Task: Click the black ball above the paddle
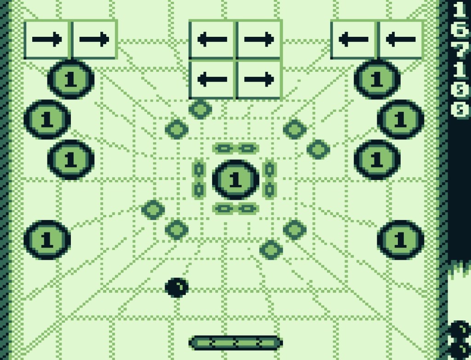pos(177,288)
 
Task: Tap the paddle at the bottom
pos(235,343)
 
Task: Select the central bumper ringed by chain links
pos(235,180)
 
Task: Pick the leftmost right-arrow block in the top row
pos(47,40)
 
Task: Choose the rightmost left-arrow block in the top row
pos(401,40)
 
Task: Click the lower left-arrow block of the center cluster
pos(212,79)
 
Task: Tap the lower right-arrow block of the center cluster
pos(259,79)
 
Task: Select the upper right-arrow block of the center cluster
pos(259,40)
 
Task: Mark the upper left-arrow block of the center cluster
pos(212,40)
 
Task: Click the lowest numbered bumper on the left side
pos(47,240)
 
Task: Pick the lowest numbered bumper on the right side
pos(401,240)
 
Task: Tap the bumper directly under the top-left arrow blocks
pos(71,79)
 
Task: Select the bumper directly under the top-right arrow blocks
pos(377,79)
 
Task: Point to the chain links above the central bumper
pos(235,148)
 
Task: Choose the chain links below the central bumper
pos(235,209)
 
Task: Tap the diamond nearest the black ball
pos(177,229)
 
